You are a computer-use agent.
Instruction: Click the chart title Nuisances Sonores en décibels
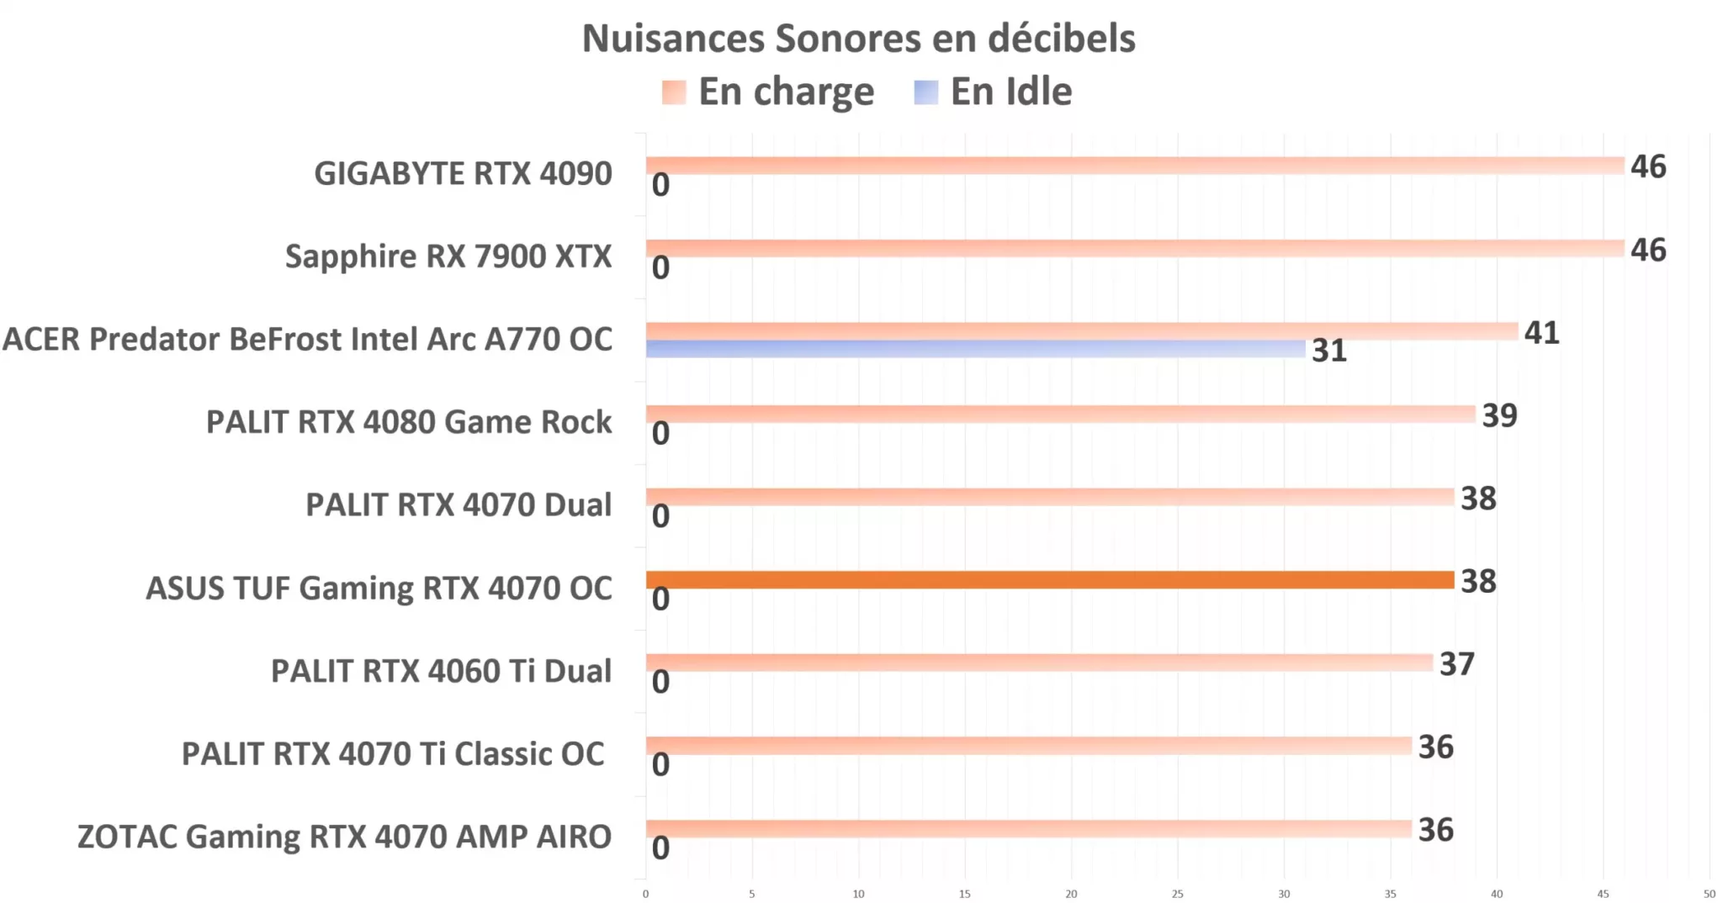(858, 39)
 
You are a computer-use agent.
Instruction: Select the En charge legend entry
(768, 92)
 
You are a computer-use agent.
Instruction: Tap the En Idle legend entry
(993, 92)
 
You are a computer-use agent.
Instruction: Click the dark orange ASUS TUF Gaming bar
(1049, 580)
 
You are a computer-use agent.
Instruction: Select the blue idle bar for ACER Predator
(975, 349)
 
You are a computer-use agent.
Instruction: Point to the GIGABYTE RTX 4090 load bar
(1134, 166)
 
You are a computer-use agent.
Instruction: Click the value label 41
(1541, 333)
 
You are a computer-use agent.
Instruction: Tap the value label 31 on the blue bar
(1328, 351)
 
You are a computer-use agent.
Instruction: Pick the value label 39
(1499, 415)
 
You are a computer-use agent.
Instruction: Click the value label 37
(1456, 664)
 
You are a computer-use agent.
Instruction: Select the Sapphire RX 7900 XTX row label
(448, 256)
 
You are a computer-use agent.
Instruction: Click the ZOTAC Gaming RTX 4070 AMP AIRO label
(344, 837)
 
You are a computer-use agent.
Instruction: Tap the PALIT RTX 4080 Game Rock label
(409, 422)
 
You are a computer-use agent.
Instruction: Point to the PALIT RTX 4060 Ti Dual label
(441, 671)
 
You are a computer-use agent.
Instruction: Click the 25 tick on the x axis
(1177, 894)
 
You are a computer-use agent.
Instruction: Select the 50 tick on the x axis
(1709, 894)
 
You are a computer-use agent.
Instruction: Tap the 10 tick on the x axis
(858, 894)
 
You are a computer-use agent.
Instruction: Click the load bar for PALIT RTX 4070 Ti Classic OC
(1028, 746)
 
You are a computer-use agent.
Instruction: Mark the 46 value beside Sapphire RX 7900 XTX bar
(1647, 250)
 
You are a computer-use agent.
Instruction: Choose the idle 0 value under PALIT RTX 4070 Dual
(660, 516)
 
